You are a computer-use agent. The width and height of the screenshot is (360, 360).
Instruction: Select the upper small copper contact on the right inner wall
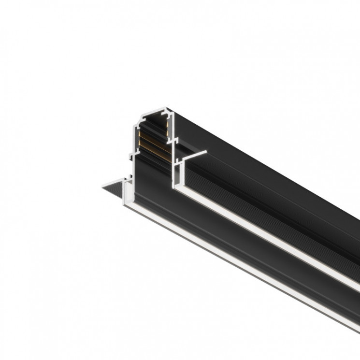(x=168, y=123)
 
